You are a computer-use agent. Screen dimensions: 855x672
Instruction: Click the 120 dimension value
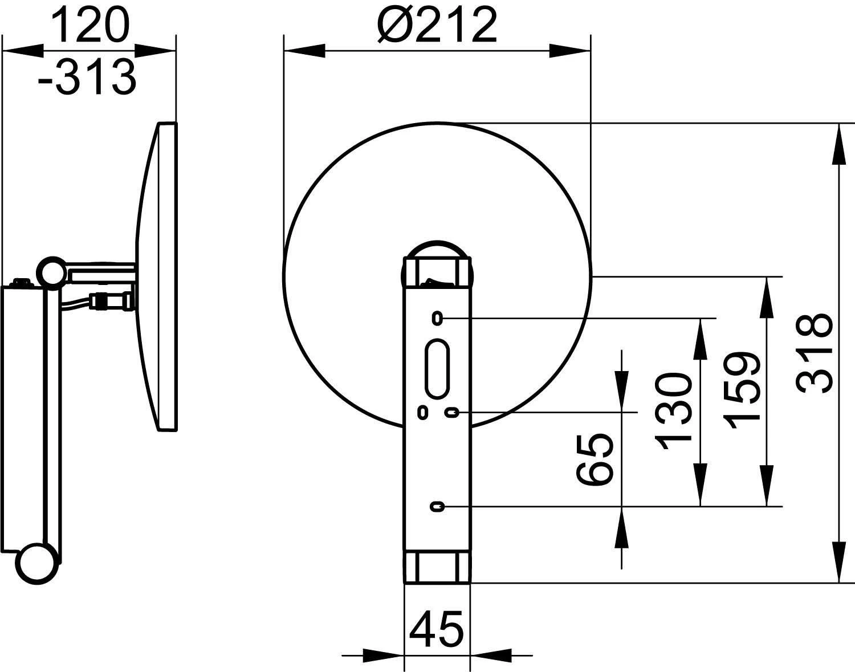pos(90,25)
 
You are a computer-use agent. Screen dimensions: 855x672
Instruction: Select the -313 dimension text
pos(87,77)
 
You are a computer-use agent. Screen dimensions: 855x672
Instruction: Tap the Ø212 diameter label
pos(437,25)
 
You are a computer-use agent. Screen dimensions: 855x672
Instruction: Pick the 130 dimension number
pos(673,409)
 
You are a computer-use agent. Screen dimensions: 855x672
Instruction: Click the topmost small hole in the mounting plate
pos(437,318)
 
